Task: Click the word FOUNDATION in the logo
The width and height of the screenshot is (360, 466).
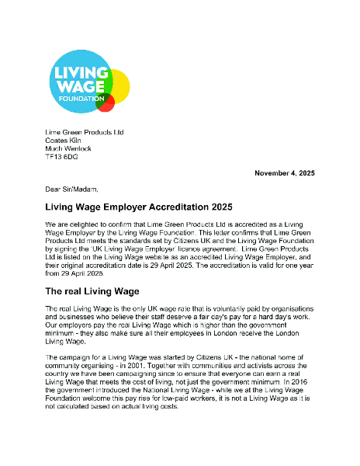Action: [x=79, y=99]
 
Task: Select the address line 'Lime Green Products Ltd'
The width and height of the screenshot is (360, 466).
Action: [x=84, y=132]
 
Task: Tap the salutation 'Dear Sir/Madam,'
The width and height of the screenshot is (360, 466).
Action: [x=72, y=189]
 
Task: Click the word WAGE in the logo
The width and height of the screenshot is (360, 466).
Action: [x=78, y=85]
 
